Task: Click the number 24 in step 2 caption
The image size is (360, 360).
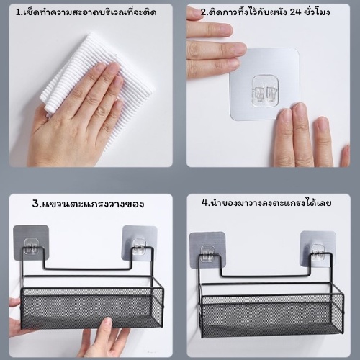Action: tap(295, 12)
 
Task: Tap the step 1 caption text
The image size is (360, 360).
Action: tap(86, 12)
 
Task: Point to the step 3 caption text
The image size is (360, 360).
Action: tap(88, 204)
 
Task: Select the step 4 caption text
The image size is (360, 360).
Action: tap(266, 203)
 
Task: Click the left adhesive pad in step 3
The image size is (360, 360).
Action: tap(31, 243)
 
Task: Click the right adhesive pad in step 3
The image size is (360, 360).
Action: tap(140, 243)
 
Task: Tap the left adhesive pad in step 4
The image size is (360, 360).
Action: tap(207, 250)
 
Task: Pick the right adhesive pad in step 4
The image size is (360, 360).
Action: tap(318, 248)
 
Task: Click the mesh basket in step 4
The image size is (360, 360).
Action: tap(272, 315)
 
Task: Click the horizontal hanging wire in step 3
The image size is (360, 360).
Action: tap(88, 269)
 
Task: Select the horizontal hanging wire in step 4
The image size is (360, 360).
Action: tap(266, 276)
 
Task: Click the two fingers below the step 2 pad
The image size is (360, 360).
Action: tap(294, 135)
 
